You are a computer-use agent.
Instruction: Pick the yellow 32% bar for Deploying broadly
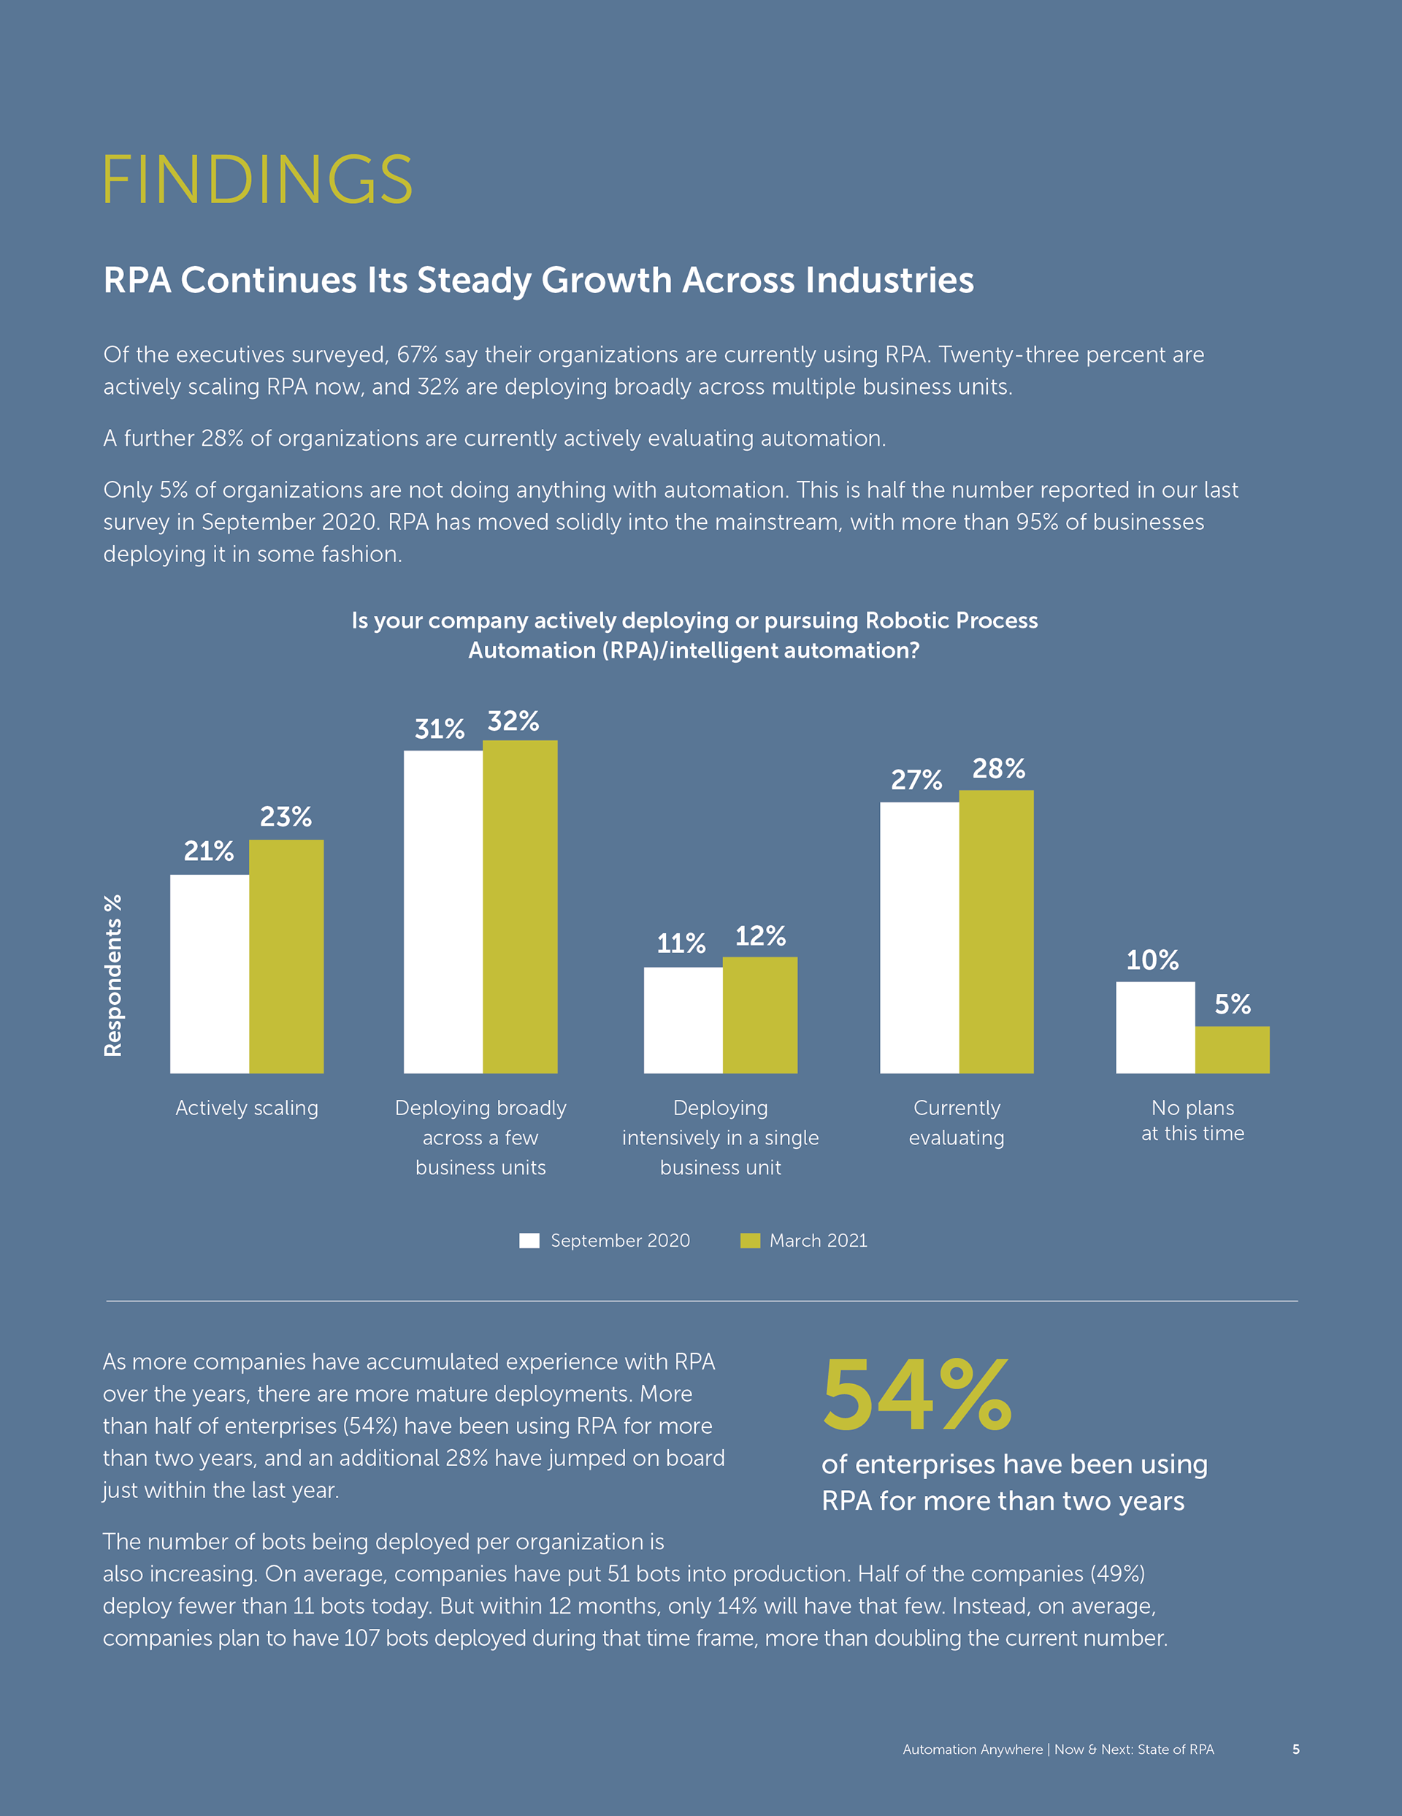[x=519, y=906]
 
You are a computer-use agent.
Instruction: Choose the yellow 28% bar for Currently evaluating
[x=995, y=931]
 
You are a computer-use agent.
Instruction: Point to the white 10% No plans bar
[x=1154, y=1027]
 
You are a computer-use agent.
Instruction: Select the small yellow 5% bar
[x=1232, y=1049]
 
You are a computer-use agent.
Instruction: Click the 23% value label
[x=286, y=816]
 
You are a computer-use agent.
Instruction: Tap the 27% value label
[x=916, y=780]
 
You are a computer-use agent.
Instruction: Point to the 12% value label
[x=759, y=936]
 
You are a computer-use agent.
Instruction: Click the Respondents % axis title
[x=113, y=976]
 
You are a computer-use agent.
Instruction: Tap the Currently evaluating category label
[x=957, y=1122]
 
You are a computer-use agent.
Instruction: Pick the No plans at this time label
[x=1192, y=1120]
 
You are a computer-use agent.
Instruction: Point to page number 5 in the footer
[x=1295, y=1749]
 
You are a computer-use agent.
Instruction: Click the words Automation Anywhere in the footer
[x=973, y=1749]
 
